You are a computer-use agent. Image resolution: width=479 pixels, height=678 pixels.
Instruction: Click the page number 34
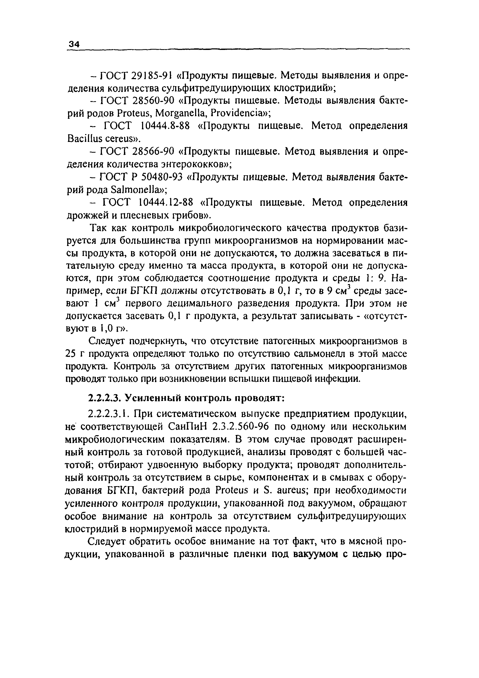[74, 45]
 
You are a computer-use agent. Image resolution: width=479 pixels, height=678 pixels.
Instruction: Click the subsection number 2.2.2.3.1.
[109, 414]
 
